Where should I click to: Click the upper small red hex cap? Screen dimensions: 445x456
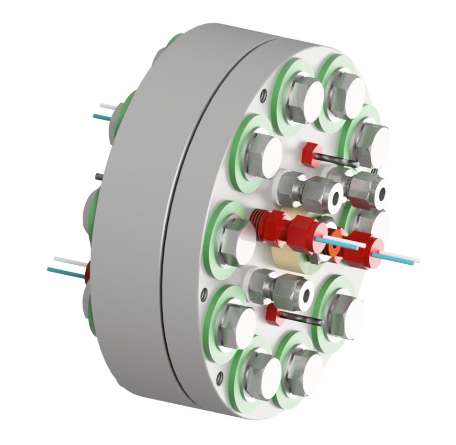pyautogui.click(x=310, y=154)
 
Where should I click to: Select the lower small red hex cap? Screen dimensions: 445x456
pyautogui.click(x=272, y=313)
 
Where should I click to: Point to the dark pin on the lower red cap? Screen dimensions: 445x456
pyautogui.click(x=301, y=318)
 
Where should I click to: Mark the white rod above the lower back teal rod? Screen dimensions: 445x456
pyautogui.click(x=68, y=261)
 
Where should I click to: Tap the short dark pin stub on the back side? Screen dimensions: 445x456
pyautogui.click(x=98, y=176)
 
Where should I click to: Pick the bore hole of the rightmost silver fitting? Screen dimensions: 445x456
pyautogui.click(x=380, y=193)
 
